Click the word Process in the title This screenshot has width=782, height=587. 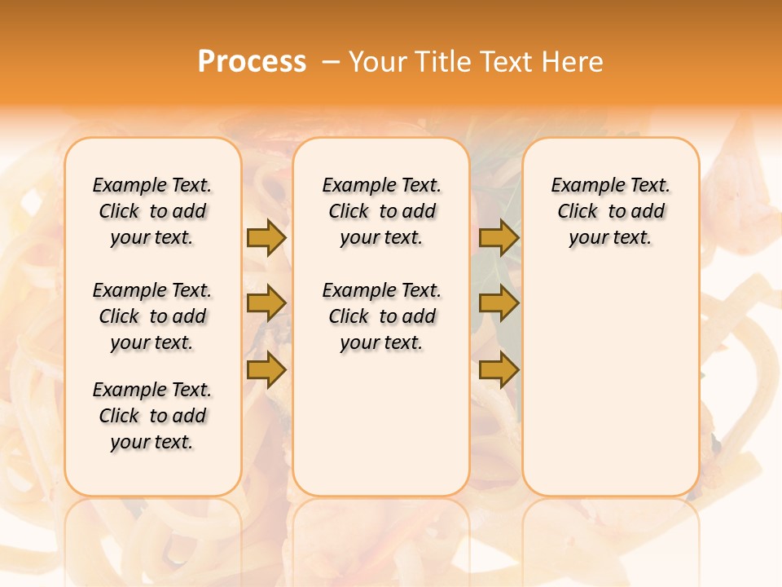pos(252,62)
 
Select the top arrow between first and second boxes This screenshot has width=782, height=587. pos(266,237)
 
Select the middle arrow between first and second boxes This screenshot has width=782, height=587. pos(266,304)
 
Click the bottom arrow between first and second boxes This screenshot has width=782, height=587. pos(266,370)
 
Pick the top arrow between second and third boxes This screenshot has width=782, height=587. pos(499,237)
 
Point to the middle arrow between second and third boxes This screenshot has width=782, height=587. pos(499,304)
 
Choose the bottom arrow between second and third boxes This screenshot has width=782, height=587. pos(499,370)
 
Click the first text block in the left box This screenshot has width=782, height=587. pos(152,211)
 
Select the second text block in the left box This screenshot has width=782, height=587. pos(152,316)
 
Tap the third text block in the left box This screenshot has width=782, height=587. pos(152,416)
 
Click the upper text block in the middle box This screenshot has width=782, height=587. pos(382,211)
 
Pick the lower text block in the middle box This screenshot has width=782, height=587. pos(382,316)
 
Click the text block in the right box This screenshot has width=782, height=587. pos(611,211)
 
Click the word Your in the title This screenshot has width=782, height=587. pos(378,62)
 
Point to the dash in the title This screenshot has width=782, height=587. pos(331,62)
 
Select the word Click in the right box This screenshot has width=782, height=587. pos(578,212)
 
